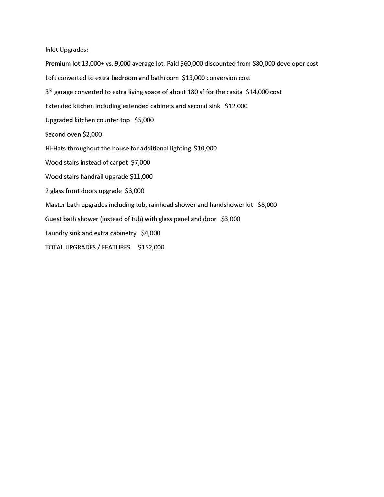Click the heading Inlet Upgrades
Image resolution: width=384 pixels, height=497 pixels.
coord(66,50)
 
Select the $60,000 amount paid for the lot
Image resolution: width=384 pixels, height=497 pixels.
coord(192,64)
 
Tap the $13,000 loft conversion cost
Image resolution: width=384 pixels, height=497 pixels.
coord(193,78)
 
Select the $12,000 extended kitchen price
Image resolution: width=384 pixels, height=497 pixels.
coord(236,106)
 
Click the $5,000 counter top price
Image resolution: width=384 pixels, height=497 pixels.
coord(144,120)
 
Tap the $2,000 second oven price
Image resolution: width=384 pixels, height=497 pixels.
coord(92,134)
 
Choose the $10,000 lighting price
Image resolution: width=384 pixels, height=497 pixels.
coord(205,149)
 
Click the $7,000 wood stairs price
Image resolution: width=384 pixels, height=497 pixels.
coord(140,162)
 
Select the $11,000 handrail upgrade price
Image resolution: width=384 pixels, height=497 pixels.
coord(141,177)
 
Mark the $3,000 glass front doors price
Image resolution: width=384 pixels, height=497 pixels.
coord(135,191)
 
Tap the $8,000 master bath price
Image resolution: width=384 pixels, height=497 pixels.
coord(267,205)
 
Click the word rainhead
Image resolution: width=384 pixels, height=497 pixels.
coord(160,205)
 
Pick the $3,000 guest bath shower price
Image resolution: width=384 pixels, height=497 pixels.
coord(231,219)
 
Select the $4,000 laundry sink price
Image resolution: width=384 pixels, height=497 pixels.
coord(151,233)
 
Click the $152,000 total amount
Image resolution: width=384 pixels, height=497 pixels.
coord(151,247)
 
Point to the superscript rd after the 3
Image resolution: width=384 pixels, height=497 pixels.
coord(50,90)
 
